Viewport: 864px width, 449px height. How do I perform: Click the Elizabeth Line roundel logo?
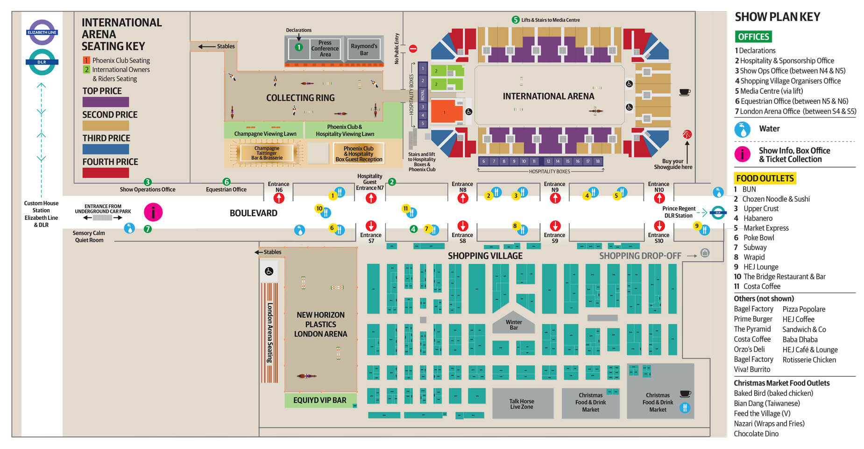[x=42, y=32]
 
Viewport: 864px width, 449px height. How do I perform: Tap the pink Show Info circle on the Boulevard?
[x=153, y=212]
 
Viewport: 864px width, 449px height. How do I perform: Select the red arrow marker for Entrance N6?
[x=279, y=198]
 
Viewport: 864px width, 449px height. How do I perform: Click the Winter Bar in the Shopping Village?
[x=513, y=323]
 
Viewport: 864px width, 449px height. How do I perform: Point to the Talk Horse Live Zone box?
[x=522, y=404]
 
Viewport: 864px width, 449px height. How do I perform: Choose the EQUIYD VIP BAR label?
[x=320, y=400]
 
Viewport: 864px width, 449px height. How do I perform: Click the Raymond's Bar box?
[x=364, y=49]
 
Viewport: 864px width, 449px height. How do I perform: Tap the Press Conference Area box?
[x=325, y=49]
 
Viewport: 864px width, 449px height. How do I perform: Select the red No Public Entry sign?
[x=413, y=49]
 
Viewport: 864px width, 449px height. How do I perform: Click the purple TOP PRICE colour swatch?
[x=106, y=102]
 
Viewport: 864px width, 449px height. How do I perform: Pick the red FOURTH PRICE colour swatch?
[x=106, y=173]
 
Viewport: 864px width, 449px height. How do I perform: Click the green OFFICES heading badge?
[x=753, y=37]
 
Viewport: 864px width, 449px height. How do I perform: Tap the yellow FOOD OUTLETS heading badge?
[x=765, y=178]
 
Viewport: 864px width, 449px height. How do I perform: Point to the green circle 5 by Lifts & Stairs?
[x=515, y=20]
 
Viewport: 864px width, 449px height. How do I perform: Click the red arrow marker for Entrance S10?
[x=659, y=226]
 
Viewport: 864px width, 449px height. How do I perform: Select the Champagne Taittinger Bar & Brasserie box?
[x=267, y=153]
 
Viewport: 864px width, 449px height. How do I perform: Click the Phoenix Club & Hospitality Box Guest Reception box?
[x=359, y=154]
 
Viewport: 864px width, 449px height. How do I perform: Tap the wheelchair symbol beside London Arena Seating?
[x=269, y=271]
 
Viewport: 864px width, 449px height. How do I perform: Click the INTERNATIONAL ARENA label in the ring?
[x=548, y=96]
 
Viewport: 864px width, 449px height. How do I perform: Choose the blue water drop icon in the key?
[x=742, y=129]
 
